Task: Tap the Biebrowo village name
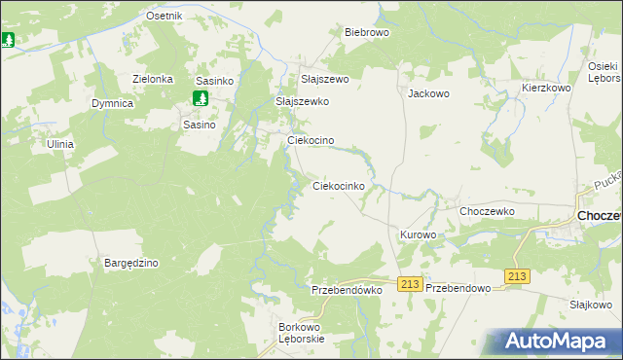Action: [x=367, y=32]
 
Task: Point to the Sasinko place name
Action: [x=212, y=81]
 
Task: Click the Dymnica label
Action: [x=112, y=102]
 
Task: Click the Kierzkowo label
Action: [x=545, y=88]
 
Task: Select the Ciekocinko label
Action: [x=338, y=185]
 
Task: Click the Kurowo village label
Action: [x=418, y=235]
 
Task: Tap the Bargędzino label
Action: [x=130, y=263]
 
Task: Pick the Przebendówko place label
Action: [x=348, y=290]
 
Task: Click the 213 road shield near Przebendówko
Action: [x=409, y=284]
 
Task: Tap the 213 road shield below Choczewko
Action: [x=517, y=277]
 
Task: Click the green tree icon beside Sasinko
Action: [x=200, y=98]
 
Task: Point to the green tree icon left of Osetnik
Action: [x=8, y=40]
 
